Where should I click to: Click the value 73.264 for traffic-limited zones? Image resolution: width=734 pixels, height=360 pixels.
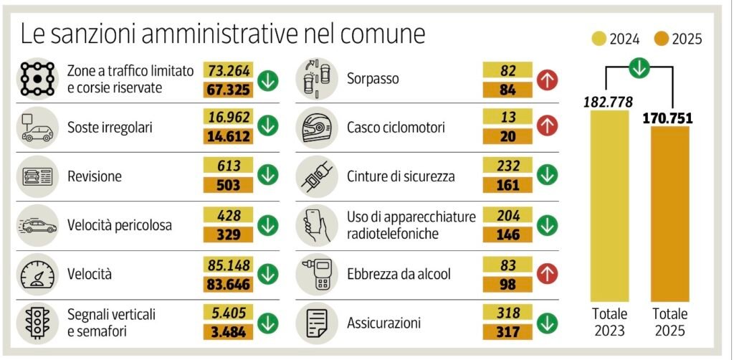point(229,70)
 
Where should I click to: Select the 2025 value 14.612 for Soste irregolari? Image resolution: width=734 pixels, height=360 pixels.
point(229,136)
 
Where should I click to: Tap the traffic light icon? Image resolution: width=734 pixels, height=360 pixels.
point(35,321)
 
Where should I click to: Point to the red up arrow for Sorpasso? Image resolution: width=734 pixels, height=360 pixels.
point(547,80)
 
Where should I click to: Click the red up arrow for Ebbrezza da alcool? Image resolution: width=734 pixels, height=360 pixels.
point(547,273)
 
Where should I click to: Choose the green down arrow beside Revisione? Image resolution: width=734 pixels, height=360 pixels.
point(268,176)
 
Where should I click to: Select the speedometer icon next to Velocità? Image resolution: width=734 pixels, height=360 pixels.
point(35,273)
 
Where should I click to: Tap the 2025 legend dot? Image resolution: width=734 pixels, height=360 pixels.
point(661,39)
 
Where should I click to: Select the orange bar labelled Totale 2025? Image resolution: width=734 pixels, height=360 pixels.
point(669,215)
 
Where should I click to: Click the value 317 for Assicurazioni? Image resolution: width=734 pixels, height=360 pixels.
point(507,331)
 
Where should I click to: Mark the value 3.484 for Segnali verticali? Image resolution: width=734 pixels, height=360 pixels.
point(229,331)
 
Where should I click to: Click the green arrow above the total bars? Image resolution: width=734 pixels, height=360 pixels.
point(639,68)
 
